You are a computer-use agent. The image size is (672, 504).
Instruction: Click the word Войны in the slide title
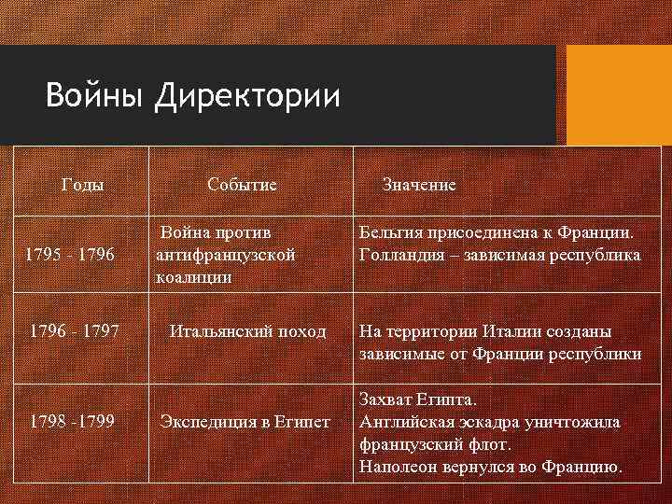coord(95,95)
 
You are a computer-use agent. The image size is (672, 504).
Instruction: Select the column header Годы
coord(82,184)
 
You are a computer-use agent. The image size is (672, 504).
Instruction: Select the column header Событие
coord(242,184)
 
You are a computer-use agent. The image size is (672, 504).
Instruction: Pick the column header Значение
coord(419,184)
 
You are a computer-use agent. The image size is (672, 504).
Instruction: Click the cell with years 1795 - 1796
coord(70,254)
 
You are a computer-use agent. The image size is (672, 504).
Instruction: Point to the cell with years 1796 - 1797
coord(74,331)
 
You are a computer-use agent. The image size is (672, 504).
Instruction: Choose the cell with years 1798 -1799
coord(72,421)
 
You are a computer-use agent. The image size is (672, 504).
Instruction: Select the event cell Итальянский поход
coord(247,331)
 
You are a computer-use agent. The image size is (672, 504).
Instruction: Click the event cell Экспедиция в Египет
coord(245,421)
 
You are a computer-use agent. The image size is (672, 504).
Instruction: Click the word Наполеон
coord(400,467)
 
